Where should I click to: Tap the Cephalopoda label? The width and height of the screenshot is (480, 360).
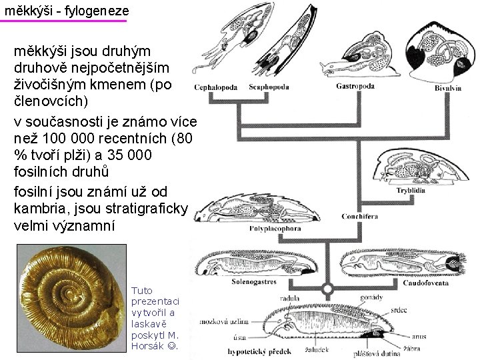[215, 87]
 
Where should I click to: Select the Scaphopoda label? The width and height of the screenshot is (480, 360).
[269, 87]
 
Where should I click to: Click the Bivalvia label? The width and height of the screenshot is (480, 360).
[449, 87]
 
